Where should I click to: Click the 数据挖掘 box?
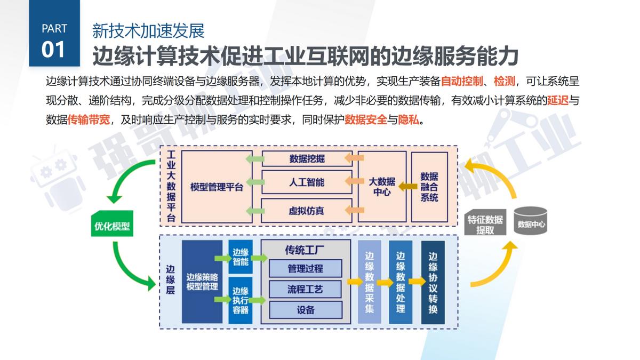click(x=307, y=158)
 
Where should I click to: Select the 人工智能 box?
click(x=307, y=182)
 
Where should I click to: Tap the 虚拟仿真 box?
click(x=307, y=210)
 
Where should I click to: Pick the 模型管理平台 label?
click(x=217, y=187)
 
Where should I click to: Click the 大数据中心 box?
click(x=382, y=186)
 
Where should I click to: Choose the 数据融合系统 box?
click(x=429, y=186)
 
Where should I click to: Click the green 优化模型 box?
click(x=112, y=226)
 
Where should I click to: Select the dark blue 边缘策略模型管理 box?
click(x=202, y=282)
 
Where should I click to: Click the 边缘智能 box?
click(x=240, y=257)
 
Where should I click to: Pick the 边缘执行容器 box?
click(x=240, y=300)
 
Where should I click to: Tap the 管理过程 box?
click(x=306, y=268)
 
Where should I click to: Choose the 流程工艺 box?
click(x=306, y=289)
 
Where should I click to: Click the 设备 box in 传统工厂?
click(x=306, y=310)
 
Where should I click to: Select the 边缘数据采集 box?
click(x=370, y=282)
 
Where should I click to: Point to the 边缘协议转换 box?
click(x=433, y=282)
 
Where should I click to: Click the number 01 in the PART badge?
click(x=53, y=50)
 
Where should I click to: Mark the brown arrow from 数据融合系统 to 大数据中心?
click(x=409, y=186)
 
